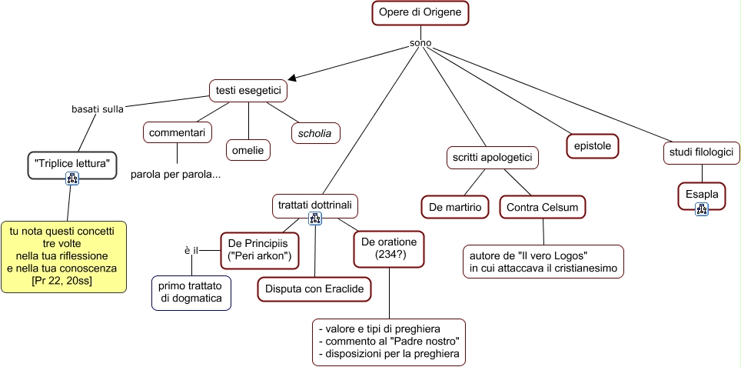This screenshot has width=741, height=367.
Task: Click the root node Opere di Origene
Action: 420,14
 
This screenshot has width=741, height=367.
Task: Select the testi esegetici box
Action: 248,91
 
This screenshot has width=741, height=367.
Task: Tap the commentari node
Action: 177,133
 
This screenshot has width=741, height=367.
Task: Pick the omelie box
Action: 248,150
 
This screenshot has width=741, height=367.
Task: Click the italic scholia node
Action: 314,133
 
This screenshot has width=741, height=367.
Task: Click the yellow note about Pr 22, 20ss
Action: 63,256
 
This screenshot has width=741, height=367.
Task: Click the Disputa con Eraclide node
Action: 314,289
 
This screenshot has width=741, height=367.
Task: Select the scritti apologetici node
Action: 492,158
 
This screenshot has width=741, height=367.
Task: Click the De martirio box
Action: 455,207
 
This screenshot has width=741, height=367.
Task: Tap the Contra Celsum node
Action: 542,207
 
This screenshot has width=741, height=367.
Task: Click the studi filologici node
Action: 702,153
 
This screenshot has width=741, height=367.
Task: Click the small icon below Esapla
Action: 702,209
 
